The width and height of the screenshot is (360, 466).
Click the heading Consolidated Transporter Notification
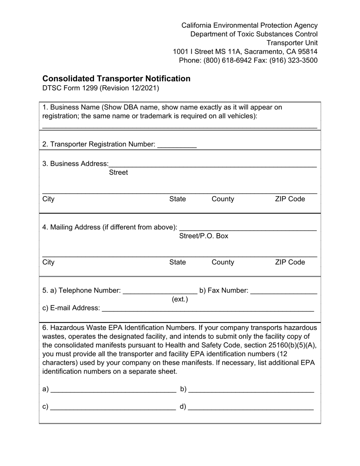click(x=116, y=78)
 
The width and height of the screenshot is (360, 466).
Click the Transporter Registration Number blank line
click(x=177, y=145)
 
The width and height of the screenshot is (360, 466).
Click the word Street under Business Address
click(x=118, y=172)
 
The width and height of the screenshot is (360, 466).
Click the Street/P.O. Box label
click(x=203, y=236)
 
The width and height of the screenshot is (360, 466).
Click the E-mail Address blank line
click(x=208, y=309)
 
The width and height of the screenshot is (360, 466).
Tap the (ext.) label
click(x=180, y=299)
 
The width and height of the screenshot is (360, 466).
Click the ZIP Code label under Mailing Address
click(x=290, y=262)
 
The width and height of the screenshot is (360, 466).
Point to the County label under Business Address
click(x=223, y=199)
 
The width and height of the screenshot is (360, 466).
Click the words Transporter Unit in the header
click(x=292, y=43)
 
